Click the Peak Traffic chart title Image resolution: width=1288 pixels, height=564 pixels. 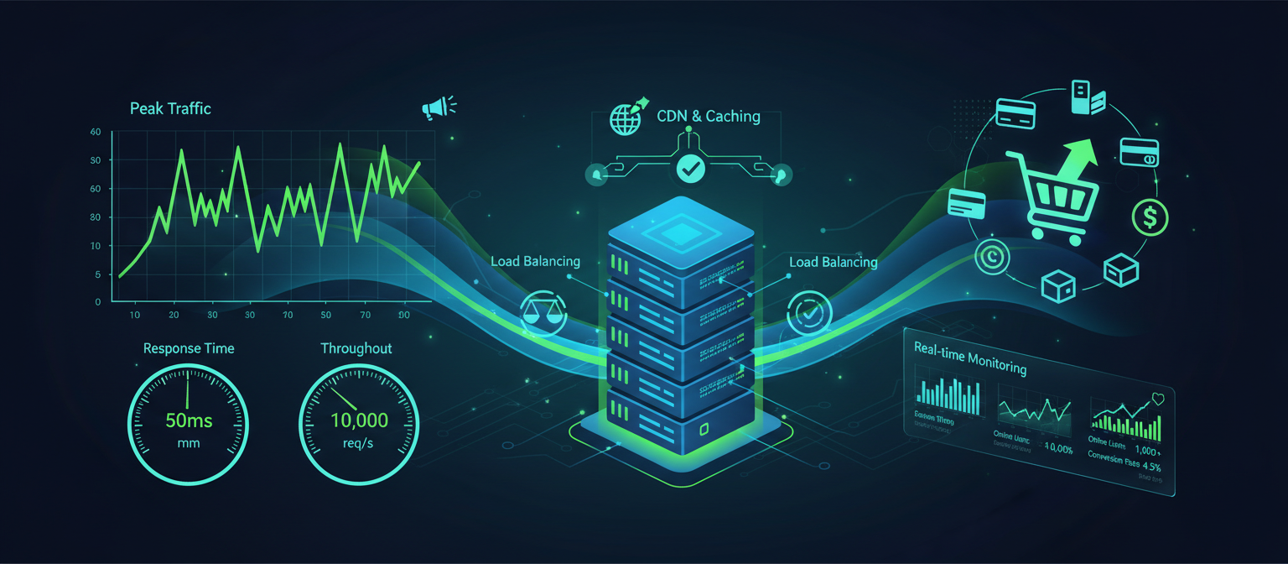[170, 108]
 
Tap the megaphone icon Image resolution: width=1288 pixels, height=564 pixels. [437, 107]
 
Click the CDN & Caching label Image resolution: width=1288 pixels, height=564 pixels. [708, 116]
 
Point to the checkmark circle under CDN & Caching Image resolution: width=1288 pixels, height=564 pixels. [690, 169]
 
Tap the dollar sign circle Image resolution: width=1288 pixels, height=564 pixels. [1150, 217]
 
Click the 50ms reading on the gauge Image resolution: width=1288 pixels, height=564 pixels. [189, 420]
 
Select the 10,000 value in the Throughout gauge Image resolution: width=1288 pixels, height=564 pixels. [359, 420]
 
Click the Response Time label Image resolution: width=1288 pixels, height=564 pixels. [189, 348]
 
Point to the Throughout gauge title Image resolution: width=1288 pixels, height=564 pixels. [356, 348]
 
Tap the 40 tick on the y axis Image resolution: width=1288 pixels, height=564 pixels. [95, 133]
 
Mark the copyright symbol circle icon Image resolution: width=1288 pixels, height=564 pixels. [994, 257]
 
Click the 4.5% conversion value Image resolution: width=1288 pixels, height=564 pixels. [1150, 467]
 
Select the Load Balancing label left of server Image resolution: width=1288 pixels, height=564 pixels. [534, 262]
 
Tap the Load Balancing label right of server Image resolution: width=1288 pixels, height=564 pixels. [833, 262]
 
